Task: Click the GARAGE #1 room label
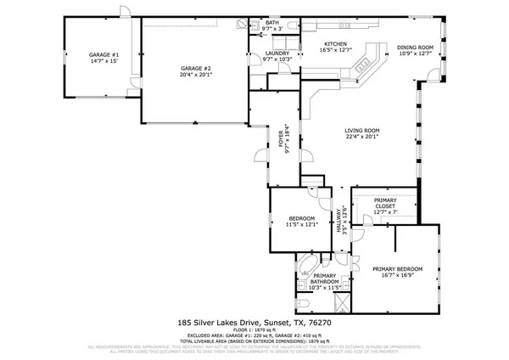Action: (103, 54)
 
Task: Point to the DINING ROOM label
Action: (416, 48)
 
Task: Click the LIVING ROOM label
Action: (361, 130)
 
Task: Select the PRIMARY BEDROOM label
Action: (397, 269)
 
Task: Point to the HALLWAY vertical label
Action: (339, 219)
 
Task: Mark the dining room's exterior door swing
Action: (434, 77)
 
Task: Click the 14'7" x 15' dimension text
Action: (103, 61)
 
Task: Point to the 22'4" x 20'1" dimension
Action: (361, 137)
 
